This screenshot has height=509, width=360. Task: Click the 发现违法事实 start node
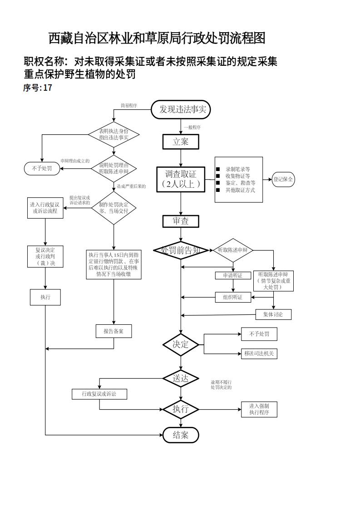pos(181,109)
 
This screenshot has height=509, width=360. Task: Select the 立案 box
pos(181,142)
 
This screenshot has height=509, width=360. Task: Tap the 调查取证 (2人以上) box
pos(181,179)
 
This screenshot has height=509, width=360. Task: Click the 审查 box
pos(181,221)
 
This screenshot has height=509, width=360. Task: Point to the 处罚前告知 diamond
pos(181,250)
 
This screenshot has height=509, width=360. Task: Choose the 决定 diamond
pos(181,344)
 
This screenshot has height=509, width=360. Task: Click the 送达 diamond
pos(181,378)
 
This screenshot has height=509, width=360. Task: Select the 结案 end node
pos(181,435)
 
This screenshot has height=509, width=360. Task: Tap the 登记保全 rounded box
pos(283,179)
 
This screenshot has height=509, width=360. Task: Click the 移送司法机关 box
pos(259,353)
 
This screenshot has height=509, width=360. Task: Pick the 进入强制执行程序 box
pos(259,409)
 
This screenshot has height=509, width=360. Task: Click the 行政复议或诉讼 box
pos(99,394)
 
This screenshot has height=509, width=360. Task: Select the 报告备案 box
pos(113,331)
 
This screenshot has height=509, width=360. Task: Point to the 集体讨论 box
pos(273,314)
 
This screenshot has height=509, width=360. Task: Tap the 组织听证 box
pos(233,298)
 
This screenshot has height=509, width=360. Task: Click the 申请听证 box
pos(233,275)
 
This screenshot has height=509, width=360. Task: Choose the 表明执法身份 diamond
pos(113,134)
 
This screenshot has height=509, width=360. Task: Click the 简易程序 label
pos(128,106)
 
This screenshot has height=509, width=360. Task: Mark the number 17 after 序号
pos(48,88)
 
